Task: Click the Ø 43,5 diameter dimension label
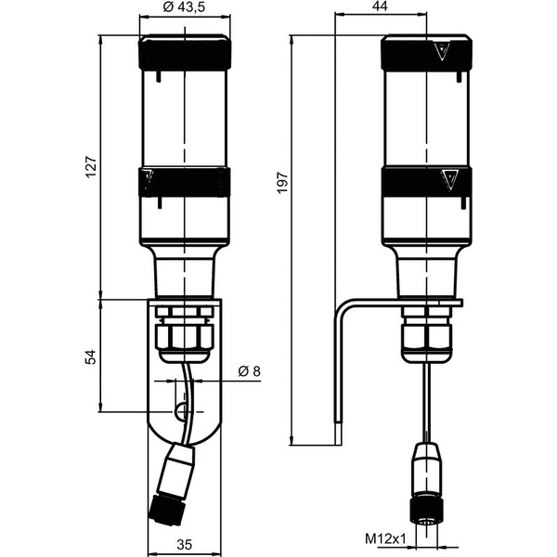pos(184,7)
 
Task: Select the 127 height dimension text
pos(91,167)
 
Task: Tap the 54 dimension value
pos(91,357)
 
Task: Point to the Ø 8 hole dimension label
pos(250,371)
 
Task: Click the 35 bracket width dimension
pos(185,545)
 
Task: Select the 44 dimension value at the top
pos(380,6)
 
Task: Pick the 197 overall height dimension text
pos(283,183)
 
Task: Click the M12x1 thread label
pos(385,538)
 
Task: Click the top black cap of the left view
pos(185,52)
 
